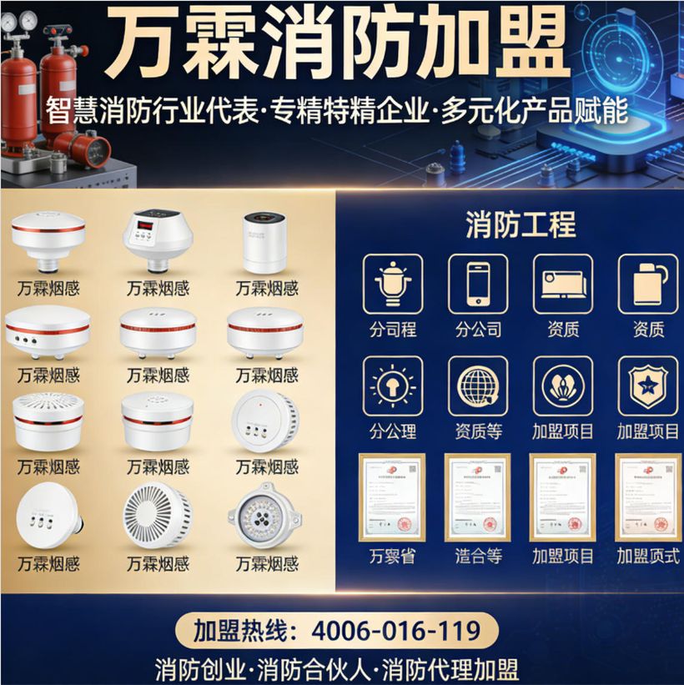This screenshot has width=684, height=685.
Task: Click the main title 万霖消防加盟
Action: click(x=341, y=43)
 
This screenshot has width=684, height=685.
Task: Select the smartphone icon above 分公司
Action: click(x=478, y=284)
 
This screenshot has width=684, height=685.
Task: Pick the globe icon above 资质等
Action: click(x=478, y=386)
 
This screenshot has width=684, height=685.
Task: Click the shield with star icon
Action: click(x=647, y=386)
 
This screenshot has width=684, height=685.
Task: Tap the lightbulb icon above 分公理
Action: click(x=393, y=386)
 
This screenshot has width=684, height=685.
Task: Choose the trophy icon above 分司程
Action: click(x=393, y=284)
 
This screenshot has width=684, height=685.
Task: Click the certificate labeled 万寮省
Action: click(x=392, y=497)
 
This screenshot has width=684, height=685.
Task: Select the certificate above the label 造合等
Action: click(x=477, y=497)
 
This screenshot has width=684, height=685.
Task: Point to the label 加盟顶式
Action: click(x=647, y=556)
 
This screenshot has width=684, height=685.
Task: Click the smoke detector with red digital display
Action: click(x=158, y=237)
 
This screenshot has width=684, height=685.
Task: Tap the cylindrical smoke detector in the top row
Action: click(x=264, y=242)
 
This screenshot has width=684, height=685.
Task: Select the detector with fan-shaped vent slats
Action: click(x=158, y=514)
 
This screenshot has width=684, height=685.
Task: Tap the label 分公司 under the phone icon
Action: click(x=478, y=329)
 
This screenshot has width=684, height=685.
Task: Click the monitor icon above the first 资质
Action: click(x=563, y=284)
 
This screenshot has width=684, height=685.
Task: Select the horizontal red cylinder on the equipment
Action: click(x=83, y=150)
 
